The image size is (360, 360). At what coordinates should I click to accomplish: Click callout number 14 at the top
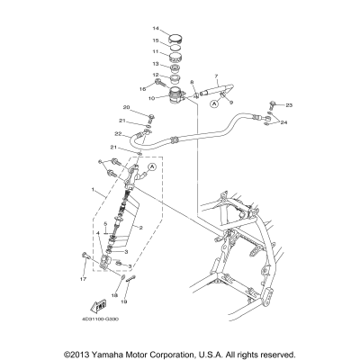[x=156, y=29]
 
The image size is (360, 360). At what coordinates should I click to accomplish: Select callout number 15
[x=156, y=40]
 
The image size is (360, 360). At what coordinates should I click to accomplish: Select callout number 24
[x=283, y=121]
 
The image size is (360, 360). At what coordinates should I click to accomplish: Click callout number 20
[x=127, y=108]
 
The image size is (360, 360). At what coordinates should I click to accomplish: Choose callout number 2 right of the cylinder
[x=141, y=228]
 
